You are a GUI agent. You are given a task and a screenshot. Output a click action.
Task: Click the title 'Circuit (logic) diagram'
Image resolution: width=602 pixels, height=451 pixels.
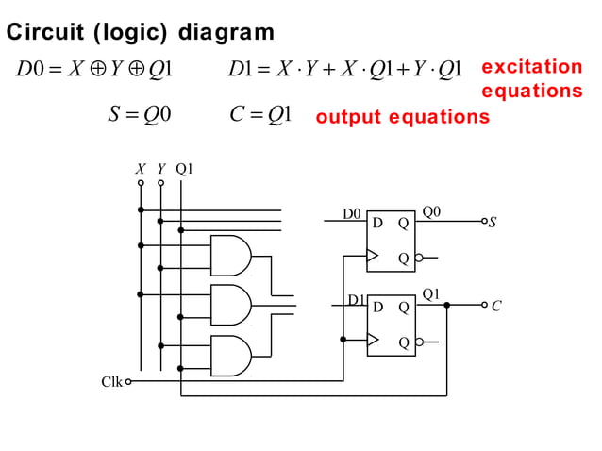coord(141,33)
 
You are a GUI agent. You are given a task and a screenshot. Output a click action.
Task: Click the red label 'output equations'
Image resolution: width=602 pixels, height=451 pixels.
coord(402,118)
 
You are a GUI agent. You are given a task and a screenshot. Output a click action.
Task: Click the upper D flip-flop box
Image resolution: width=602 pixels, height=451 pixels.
coord(391,240)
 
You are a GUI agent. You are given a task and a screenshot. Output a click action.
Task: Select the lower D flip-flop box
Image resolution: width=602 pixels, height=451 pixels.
coord(391,325)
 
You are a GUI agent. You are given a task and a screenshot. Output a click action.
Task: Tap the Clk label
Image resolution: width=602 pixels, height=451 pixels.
coord(111,382)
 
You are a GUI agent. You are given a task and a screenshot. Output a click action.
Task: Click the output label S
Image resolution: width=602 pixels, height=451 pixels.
coord(493,224)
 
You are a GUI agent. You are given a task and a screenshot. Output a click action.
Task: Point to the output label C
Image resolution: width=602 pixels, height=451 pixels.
coord(496,306)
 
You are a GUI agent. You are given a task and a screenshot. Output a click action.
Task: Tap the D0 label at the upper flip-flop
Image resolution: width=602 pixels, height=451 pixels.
coord(351,214)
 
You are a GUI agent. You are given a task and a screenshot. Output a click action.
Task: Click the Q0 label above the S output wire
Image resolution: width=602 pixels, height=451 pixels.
coord(431,211)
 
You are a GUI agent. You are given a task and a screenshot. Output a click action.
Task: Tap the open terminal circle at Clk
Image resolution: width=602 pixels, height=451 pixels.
coord(128,382)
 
